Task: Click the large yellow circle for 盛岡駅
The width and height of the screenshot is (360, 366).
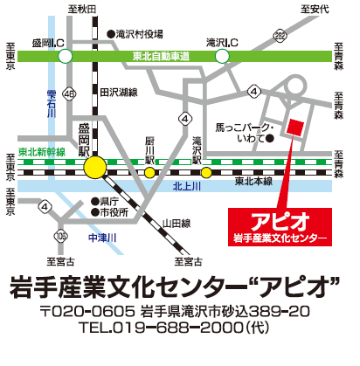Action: (98, 166)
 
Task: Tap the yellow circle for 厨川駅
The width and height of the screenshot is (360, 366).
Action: (150, 172)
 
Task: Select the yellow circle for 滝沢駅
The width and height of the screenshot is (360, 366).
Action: (206, 172)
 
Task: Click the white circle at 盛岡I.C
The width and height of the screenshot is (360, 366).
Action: (65, 56)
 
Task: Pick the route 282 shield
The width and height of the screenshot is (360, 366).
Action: (279, 34)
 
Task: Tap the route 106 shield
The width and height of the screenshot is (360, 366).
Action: (59, 235)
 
